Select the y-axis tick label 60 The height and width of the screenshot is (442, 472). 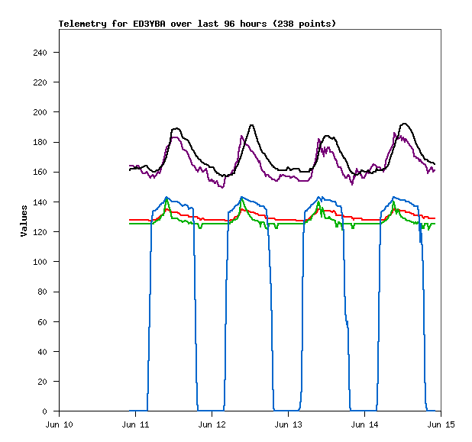48,321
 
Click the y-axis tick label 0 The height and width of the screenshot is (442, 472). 50,411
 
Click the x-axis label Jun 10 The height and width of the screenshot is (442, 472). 60,424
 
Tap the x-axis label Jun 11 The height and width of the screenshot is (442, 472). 135,424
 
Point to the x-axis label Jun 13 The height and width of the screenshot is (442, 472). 288,424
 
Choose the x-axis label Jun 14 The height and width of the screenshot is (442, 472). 364,424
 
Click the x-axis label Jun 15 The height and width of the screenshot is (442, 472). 441,424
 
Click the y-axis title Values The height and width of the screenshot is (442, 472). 24,221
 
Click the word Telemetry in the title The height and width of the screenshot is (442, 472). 82,24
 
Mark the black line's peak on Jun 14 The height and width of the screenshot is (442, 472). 404,124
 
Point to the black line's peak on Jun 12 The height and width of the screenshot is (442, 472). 251,124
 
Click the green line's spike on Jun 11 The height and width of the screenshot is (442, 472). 166,199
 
